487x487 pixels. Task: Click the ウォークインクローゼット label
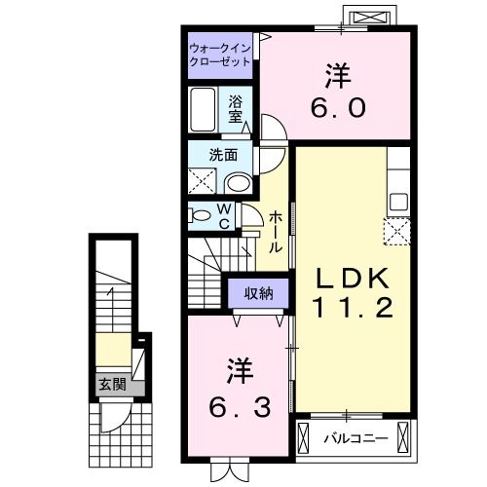coord(220,56)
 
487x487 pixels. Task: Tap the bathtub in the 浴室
coord(203,109)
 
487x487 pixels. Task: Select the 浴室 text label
coord(235,109)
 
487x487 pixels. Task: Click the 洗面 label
coord(223,156)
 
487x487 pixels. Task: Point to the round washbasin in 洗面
coord(239,183)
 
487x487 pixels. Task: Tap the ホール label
coord(276,232)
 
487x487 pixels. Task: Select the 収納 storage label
coord(259,294)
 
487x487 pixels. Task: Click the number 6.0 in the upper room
coord(338,108)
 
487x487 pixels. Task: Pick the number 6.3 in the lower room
coord(240,408)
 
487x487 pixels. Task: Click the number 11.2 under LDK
coord(353,308)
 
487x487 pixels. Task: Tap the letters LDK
coord(353,279)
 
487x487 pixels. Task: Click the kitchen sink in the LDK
coord(398,202)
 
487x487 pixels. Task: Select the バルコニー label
coord(356,439)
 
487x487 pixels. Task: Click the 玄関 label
coord(112,385)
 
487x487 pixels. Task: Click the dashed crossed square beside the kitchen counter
coord(397,231)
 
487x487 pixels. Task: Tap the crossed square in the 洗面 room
coord(202,181)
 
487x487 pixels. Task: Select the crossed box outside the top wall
coord(370,17)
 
